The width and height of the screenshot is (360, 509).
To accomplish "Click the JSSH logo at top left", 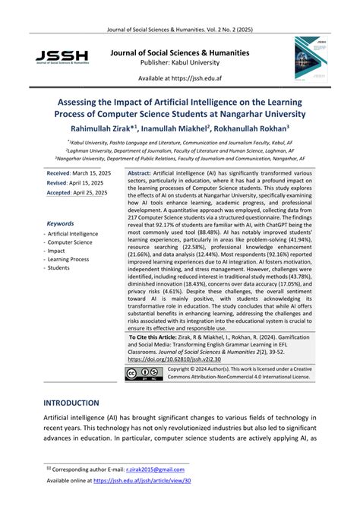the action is click(x=61, y=58).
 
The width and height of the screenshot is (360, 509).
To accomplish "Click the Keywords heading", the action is click(x=60, y=224).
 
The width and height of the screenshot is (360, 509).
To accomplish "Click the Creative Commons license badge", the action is click(x=143, y=373).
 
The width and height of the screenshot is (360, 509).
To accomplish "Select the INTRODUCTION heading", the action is click(x=71, y=403).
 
